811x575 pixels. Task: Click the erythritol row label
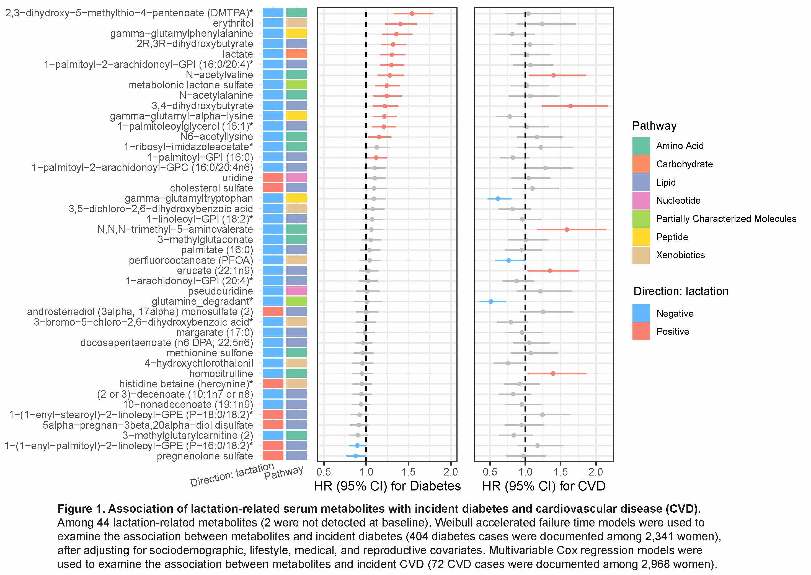coord(233,23)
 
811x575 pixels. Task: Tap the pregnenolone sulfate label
coord(205,456)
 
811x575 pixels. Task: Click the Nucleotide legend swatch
coord(641,200)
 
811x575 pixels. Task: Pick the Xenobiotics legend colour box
coord(641,255)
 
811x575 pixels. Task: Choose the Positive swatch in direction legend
coord(641,331)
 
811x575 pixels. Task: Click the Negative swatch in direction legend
coord(641,313)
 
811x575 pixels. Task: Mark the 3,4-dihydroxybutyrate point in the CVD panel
coord(570,106)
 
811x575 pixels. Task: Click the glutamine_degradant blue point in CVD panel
coord(490,301)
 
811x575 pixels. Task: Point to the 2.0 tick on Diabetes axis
coord(451,472)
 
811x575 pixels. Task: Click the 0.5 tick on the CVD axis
coord(490,472)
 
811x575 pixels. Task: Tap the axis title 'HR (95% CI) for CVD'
coord(544,486)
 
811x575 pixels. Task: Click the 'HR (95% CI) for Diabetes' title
coord(387,486)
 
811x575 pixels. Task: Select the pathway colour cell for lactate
coord(296,54)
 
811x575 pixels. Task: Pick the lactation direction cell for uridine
coord(273,178)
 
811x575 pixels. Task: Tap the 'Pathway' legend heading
coord(654,126)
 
